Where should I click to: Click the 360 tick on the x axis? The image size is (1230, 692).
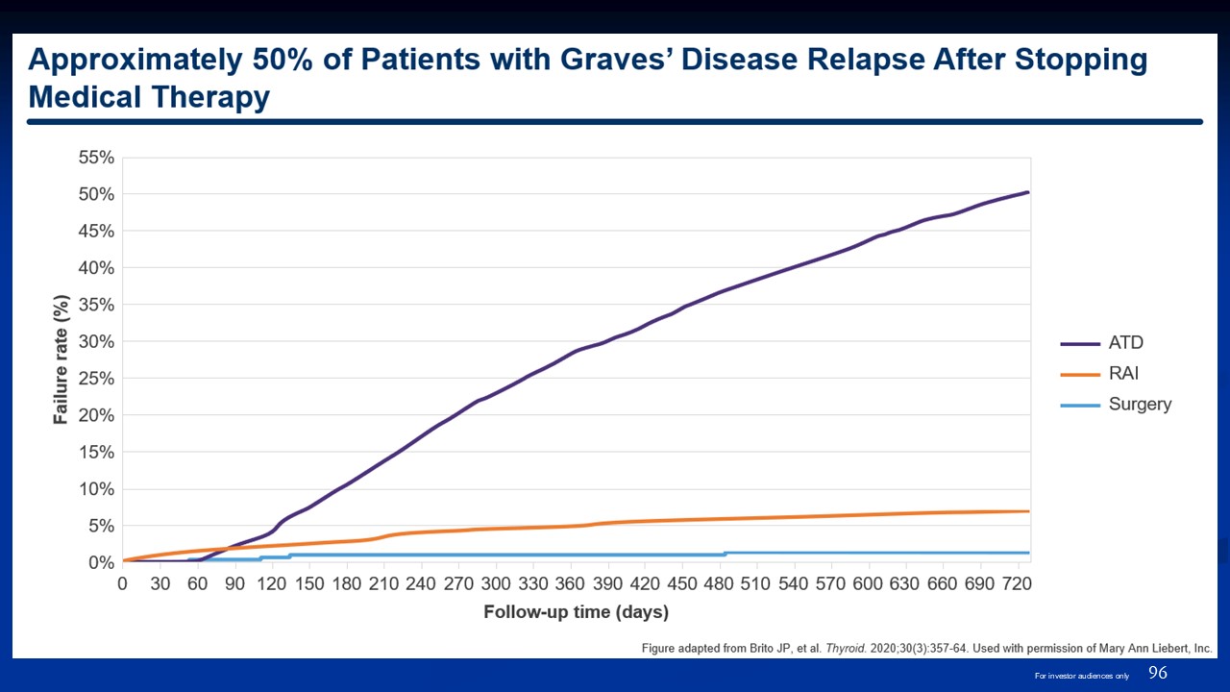tap(570, 583)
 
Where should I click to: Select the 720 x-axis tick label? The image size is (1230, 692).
tap(1017, 583)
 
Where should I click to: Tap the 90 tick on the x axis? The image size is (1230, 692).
tap(234, 583)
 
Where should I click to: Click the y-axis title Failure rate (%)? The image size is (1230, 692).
tap(60, 360)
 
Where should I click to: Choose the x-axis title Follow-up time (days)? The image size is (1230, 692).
tap(576, 612)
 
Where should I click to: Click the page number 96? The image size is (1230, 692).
tap(1158, 673)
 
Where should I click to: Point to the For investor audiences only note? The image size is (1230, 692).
tap(1081, 676)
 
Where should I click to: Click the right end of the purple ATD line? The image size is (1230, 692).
tap(1028, 192)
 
